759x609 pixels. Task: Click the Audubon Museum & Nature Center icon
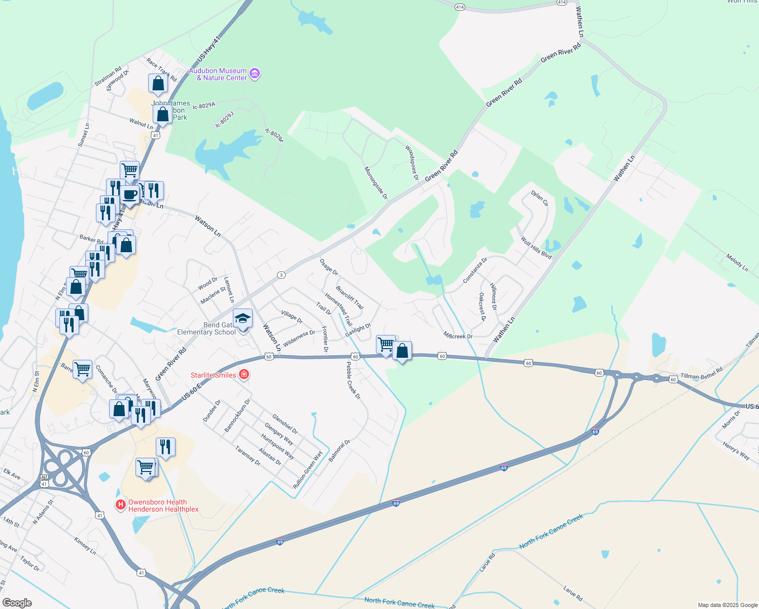tap(255, 74)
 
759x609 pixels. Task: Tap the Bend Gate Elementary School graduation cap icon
tap(243, 319)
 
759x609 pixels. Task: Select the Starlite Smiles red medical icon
tap(244, 375)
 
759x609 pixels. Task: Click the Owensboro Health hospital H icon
tap(121, 505)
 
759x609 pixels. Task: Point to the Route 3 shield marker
tap(281, 275)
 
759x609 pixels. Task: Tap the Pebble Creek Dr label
tap(353, 380)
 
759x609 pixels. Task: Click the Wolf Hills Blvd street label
tap(536, 248)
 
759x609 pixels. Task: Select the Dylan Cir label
tap(540, 198)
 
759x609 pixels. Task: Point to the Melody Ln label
tap(737, 263)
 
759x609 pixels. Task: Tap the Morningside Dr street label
tap(376, 183)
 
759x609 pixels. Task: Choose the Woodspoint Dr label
tap(411, 163)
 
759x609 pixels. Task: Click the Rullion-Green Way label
tap(308, 470)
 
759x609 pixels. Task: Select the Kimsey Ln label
tap(85, 546)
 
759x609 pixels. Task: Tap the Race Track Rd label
tap(161, 70)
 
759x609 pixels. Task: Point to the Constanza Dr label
tap(475, 270)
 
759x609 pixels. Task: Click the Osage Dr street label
tap(329, 267)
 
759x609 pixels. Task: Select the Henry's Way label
tap(736, 451)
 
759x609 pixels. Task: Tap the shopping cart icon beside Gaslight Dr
tap(386, 344)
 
